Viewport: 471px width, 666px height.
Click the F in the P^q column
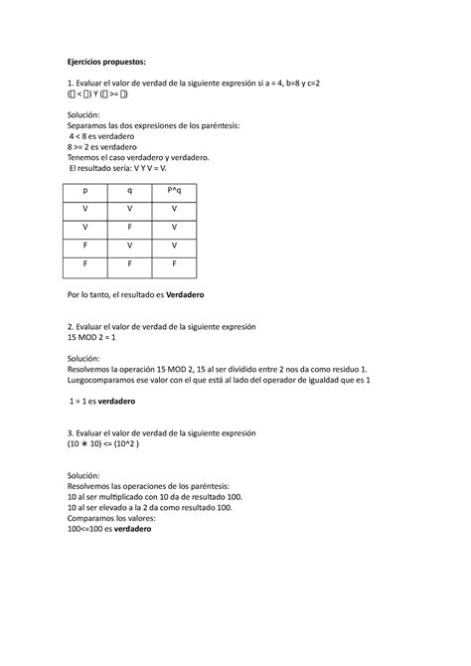[x=174, y=265]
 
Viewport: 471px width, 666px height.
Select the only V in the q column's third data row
[x=129, y=247]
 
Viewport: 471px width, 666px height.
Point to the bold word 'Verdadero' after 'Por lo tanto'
[x=209, y=297]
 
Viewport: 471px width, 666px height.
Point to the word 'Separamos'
[x=85, y=125]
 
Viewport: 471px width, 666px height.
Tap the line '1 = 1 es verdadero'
[x=102, y=401]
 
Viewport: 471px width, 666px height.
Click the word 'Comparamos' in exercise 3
[x=90, y=518]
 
